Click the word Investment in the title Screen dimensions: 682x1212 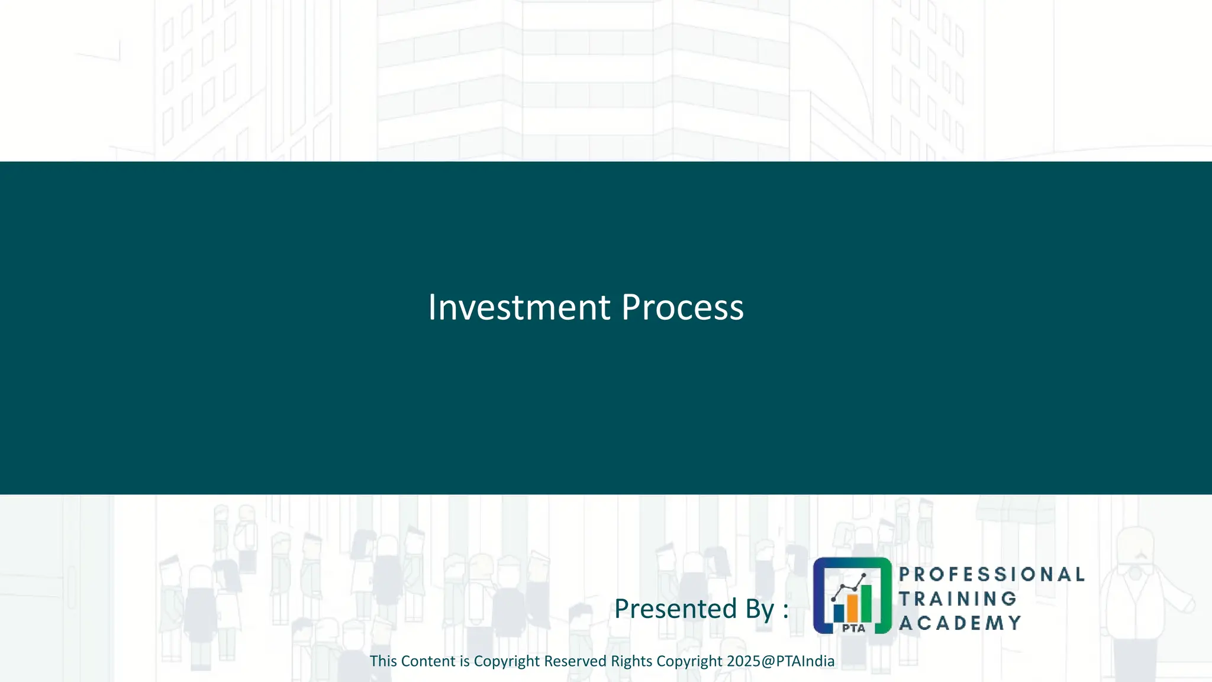tap(519, 307)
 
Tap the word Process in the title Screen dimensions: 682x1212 tap(682, 307)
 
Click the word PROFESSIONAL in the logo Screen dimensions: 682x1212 tap(991, 574)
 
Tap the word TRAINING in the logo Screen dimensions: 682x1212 tap(958, 599)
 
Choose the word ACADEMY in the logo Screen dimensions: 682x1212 tap(960, 623)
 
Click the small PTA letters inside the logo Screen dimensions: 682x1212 tap(853, 628)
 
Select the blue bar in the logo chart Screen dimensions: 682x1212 tap(839, 612)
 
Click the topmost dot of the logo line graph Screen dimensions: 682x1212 tap(864, 575)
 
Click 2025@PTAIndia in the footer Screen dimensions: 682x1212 tap(781, 661)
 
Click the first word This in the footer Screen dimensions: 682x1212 tap(383, 661)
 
